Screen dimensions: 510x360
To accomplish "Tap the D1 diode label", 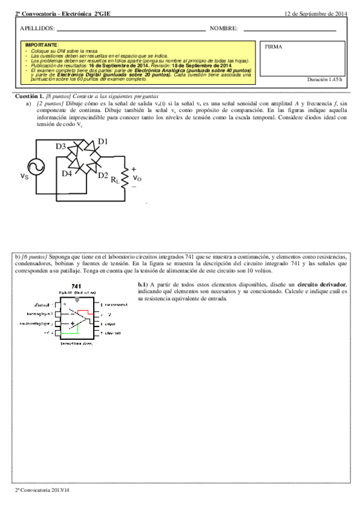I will tap(103, 141).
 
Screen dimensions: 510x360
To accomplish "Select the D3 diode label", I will tap(61, 147).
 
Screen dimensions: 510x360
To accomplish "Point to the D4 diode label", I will tap(67, 173).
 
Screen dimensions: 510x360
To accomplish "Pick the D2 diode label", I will tap(103, 176).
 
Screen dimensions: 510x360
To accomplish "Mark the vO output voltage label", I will tap(137, 178).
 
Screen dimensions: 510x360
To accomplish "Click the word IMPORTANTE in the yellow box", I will tap(42, 45).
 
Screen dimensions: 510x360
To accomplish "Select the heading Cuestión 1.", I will tap(29, 96).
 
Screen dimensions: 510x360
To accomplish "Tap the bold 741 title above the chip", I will tap(76, 286).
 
